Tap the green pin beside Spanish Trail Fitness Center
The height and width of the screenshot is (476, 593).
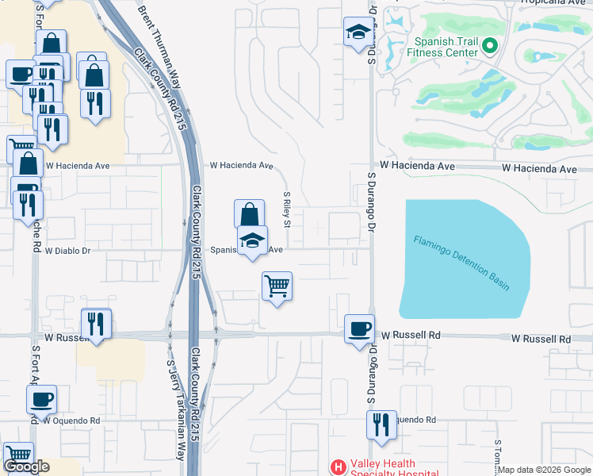click(x=490, y=47)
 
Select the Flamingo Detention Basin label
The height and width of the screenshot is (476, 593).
click(x=461, y=262)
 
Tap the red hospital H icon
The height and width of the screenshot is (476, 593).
click(x=338, y=467)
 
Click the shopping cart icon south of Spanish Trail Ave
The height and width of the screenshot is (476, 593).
click(x=277, y=286)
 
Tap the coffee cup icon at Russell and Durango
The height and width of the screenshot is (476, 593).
click(x=359, y=328)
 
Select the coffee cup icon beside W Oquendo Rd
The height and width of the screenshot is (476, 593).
click(x=42, y=399)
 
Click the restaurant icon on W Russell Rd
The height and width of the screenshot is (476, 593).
click(x=97, y=323)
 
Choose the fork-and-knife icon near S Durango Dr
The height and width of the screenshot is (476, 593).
click(x=381, y=424)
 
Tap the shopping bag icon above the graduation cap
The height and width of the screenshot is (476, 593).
click(x=249, y=214)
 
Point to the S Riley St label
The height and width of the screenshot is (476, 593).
click(x=288, y=209)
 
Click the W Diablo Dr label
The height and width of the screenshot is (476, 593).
click(x=68, y=251)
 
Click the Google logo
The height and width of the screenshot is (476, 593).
click(x=26, y=466)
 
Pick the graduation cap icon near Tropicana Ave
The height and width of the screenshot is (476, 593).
click(x=358, y=33)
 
